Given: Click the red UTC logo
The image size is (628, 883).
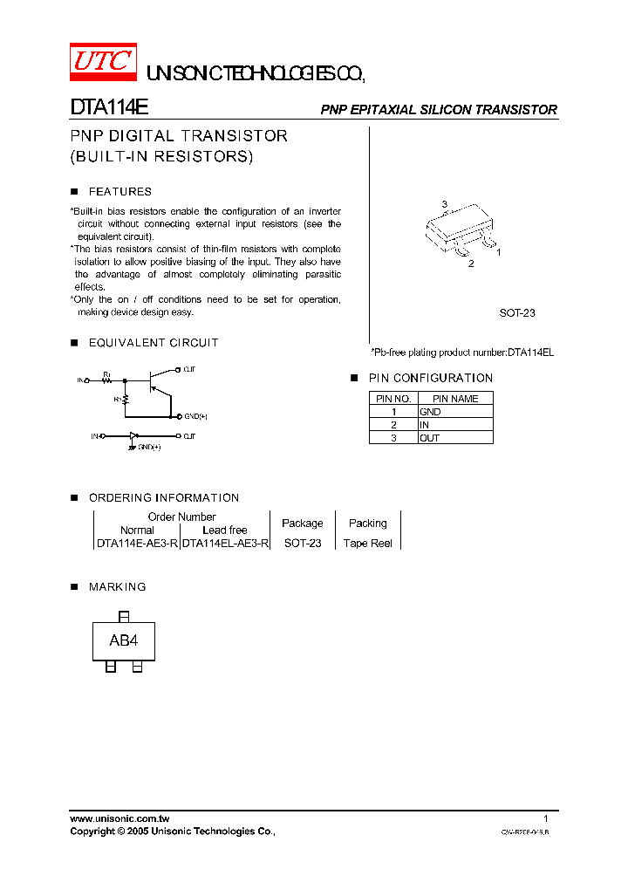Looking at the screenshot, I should (x=103, y=61).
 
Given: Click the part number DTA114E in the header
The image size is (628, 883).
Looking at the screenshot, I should (x=109, y=108).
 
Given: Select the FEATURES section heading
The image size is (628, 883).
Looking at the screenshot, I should (x=119, y=191).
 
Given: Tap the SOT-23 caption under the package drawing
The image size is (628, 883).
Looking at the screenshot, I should (x=516, y=312).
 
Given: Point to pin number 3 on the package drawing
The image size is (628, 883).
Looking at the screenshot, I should (x=444, y=205).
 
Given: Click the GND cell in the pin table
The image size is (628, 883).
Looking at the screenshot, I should (x=430, y=411).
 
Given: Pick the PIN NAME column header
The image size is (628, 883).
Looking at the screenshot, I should (x=455, y=398).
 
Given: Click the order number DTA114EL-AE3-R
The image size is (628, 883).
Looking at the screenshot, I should (x=225, y=543).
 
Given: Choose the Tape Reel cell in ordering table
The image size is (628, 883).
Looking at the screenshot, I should (x=367, y=543).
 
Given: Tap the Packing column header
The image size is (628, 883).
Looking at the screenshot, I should (x=367, y=523).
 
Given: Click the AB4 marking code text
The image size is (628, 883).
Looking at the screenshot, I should (x=123, y=641).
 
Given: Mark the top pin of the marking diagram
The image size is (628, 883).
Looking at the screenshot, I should (x=123, y=616).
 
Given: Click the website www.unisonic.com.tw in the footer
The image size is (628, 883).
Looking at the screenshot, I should (x=119, y=818).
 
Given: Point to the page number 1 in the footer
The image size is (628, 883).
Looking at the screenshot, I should (x=546, y=818).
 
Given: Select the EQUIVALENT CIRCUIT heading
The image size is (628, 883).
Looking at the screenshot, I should (x=153, y=343).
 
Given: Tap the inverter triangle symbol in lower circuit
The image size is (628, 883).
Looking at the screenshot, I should (x=133, y=435).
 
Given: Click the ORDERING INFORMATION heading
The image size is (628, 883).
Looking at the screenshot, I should (x=163, y=497).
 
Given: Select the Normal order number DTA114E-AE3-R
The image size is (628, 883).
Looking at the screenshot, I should (x=137, y=543).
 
